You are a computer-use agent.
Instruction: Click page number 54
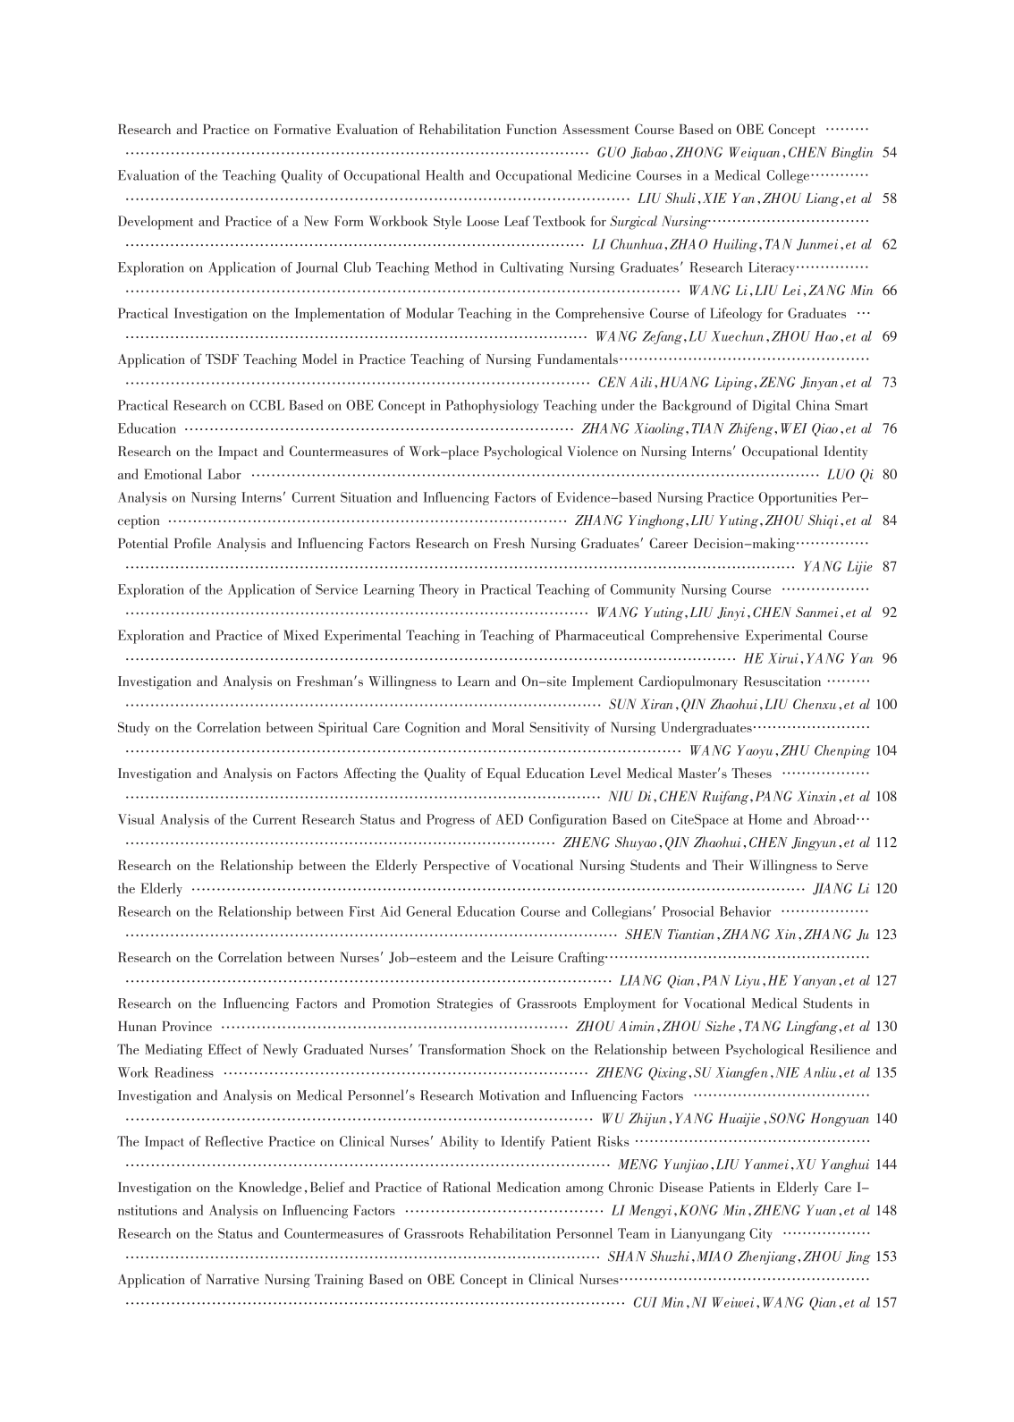(x=889, y=153)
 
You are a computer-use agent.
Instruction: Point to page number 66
(x=889, y=291)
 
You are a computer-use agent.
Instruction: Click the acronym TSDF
(x=209, y=360)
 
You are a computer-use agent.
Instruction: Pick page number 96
(x=889, y=659)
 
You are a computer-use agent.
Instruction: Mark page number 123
(x=886, y=935)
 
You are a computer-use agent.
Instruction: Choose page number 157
(x=886, y=1303)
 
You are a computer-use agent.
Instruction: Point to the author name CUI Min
(x=657, y=1303)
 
